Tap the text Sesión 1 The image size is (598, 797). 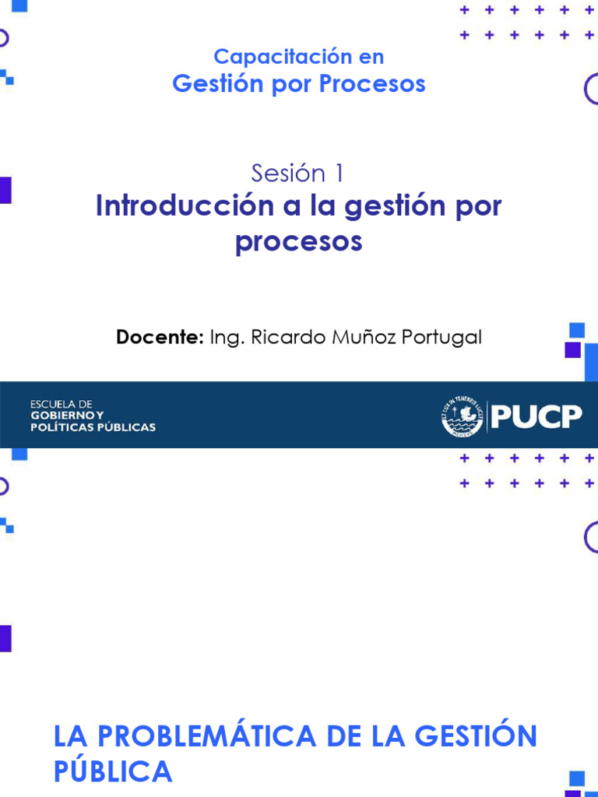coord(297,174)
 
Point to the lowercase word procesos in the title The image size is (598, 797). coord(299,241)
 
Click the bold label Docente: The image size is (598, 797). coord(160,337)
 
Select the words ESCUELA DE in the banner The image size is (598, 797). coord(62,405)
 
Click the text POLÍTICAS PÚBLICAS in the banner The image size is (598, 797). coord(93,427)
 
